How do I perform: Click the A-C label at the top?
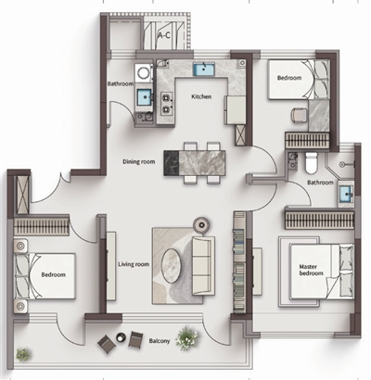[163, 35]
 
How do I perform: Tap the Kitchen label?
[201, 96]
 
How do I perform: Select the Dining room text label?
[139, 161]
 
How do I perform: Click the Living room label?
[134, 264]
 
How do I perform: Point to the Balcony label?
[160, 341]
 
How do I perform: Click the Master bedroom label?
[311, 270]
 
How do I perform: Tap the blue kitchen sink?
[204, 69]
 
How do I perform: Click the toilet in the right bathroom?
[311, 162]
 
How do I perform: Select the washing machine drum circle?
[143, 73]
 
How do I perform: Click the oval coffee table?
[172, 265]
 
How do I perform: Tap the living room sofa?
[203, 266]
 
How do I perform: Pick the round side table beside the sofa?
[201, 225]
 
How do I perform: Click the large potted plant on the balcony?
[187, 338]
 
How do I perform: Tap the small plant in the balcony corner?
[23, 354]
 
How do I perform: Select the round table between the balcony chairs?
[121, 337]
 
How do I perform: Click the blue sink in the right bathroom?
[346, 195]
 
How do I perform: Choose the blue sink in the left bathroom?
[144, 96]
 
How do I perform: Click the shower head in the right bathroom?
[342, 164]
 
